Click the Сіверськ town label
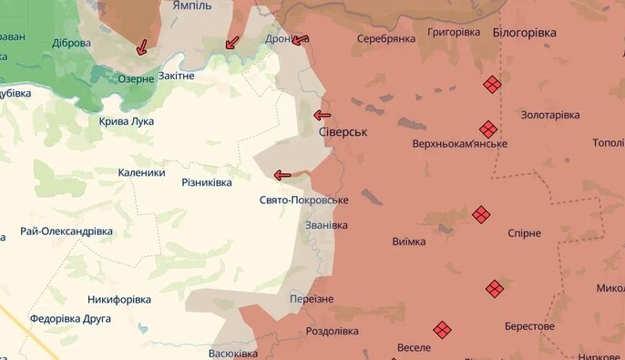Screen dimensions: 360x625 (x=343, y=132)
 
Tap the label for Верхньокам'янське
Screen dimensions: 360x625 (x=459, y=144)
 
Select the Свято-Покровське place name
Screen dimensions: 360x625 (x=303, y=201)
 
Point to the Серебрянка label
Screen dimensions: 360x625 (x=386, y=39)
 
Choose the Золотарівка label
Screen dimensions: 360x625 (x=549, y=115)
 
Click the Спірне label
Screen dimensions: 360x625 (x=524, y=233)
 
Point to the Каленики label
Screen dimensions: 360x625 (x=141, y=172)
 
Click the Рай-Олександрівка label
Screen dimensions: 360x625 (x=67, y=231)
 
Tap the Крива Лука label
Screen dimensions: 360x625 (x=127, y=121)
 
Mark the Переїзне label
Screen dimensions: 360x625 (x=311, y=299)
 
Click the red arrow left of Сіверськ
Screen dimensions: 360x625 (x=322, y=115)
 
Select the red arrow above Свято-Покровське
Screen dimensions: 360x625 (x=282, y=175)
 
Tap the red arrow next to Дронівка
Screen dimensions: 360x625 (x=301, y=40)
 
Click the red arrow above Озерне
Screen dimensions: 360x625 (x=141, y=47)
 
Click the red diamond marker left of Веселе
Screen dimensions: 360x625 (x=442, y=330)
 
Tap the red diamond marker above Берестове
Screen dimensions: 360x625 (x=494, y=289)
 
